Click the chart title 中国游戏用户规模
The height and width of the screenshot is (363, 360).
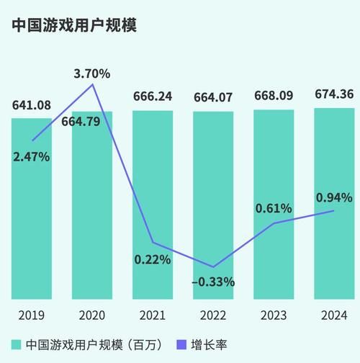(74, 25)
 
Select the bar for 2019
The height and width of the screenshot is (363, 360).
(31, 216)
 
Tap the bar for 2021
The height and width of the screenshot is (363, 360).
(152, 180)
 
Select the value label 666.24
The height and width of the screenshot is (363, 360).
(152, 96)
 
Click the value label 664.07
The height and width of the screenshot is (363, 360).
(212, 96)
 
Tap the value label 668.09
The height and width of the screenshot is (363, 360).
(274, 96)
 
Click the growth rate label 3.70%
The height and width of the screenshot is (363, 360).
(91, 73)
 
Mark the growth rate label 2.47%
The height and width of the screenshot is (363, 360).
(31, 156)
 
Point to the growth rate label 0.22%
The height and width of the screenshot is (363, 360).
(152, 259)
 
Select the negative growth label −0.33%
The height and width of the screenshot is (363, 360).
(212, 282)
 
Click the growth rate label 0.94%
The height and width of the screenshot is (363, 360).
(334, 197)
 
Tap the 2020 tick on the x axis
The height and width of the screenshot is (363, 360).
(91, 315)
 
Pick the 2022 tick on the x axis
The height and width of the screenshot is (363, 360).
(212, 315)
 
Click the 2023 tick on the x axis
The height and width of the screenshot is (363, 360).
(274, 315)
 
